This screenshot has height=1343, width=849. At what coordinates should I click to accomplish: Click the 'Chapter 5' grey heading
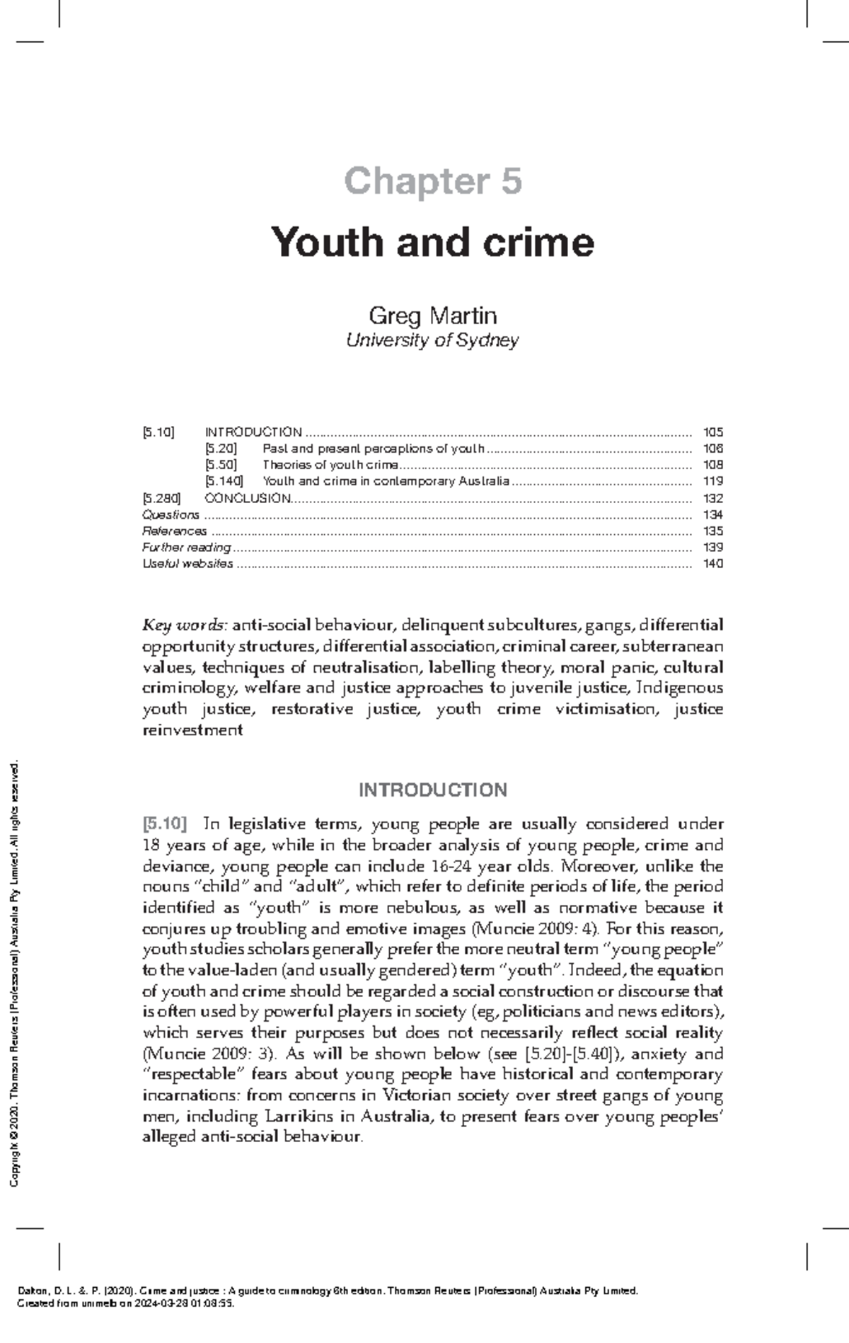tap(432, 181)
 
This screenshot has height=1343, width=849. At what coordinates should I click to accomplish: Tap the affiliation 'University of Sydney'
tap(432, 340)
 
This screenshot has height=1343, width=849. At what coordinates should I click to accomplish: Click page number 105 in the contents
tap(712, 432)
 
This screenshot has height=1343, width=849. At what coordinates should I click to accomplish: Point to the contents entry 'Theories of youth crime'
tap(330, 465)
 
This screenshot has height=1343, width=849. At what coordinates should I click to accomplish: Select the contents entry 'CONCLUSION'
tap(247, 498)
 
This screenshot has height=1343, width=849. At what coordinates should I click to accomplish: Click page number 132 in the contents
tap(712, 498)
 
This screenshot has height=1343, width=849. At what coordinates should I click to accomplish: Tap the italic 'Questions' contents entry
tap(171, 514)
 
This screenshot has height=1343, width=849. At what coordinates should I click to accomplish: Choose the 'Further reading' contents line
tap(186, 547)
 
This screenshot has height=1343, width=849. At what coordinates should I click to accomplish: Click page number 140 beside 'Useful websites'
tap(712, 564)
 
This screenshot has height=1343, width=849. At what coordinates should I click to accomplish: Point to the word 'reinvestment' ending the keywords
tap(192, 730)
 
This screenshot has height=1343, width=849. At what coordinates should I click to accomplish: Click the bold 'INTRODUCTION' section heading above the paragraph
tap(432, 790)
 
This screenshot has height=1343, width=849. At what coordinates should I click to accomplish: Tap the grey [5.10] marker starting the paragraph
tap(165, 824)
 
